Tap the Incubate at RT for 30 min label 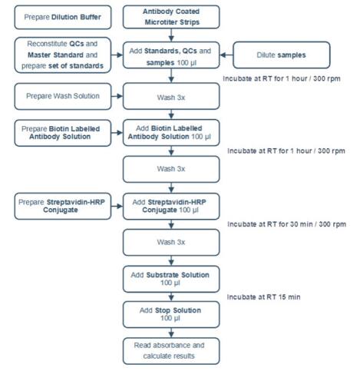point(289,224)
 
